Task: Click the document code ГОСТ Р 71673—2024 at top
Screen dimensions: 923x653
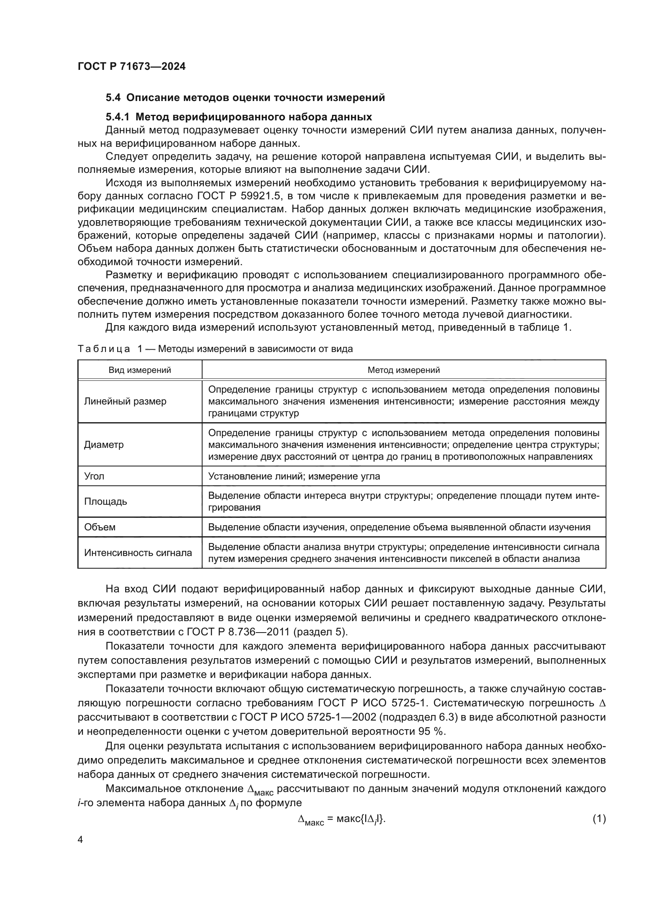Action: (x=131, y=67)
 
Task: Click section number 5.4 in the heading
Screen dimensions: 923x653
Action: (x=114, y=98)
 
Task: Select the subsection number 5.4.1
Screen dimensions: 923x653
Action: (x=117, y=117)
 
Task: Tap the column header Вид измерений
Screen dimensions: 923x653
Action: (x=139, y=370)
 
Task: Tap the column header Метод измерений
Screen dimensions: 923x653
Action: (x=403, y=370)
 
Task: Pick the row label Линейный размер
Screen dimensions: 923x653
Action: (x=125, y=401)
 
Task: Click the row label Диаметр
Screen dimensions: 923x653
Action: (x=104, y=445)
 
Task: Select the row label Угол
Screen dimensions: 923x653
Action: (x=94, y=476)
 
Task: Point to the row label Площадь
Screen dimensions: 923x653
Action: (x=105, y=501)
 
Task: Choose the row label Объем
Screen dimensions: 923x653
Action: (x=100, y=527)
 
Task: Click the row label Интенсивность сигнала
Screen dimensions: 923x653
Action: (x=138, y=553)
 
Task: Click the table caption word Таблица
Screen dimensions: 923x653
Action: (x=104, y=349)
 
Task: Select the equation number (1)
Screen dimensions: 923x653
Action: (x=599, y=819)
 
